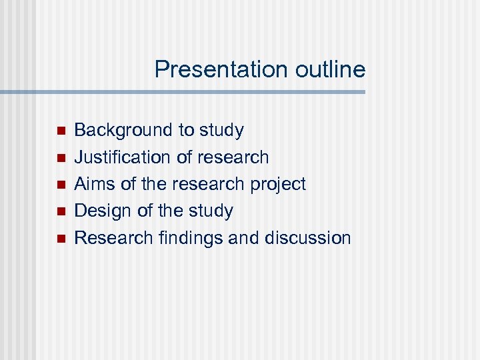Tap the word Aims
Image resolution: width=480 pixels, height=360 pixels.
pos(95,184)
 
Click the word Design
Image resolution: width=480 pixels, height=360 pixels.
pos(103,211)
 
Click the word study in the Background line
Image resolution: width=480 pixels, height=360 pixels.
pos(221,131)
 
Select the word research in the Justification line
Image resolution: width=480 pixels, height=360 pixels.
pos(232,157)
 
